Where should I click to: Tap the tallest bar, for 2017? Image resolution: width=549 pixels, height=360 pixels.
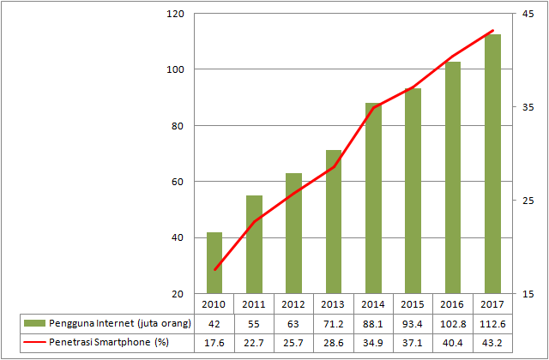coord(492,163)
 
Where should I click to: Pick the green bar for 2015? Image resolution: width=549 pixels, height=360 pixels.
coord(413,190)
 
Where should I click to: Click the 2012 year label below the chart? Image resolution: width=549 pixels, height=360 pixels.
coord(293,303)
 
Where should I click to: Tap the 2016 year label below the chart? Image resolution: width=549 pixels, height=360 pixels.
coord(452,303)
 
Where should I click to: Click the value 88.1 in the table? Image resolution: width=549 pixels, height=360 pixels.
coord(372,323)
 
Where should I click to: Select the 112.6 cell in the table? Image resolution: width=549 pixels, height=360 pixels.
coord(492,323)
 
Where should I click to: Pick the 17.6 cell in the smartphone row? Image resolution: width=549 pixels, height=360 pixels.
coord(214,343)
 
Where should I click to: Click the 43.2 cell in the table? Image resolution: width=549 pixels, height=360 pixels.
coord(492,343)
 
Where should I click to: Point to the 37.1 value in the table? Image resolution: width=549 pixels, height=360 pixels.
coord(413,343)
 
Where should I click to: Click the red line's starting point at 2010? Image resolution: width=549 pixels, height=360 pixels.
coord(214,269)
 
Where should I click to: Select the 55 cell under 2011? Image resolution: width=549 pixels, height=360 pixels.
coord(254,323)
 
